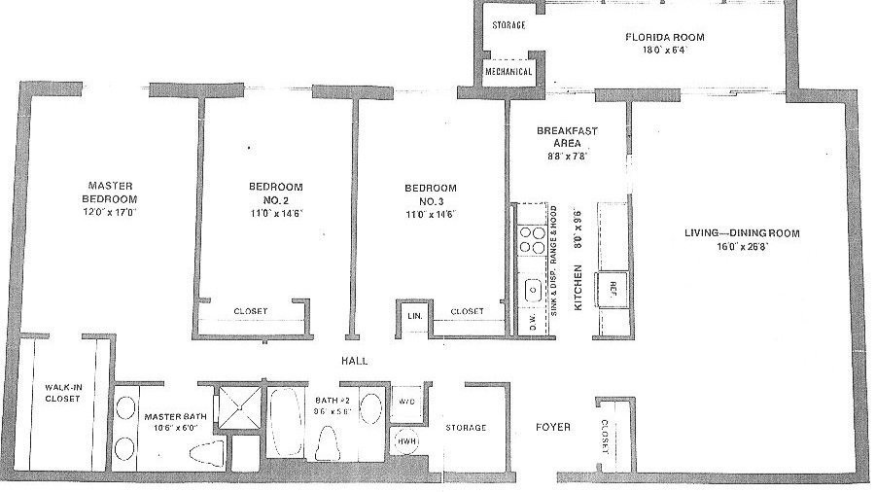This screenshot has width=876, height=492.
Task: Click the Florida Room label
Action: [665, 38]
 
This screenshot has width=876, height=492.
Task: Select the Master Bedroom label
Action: [110, 192]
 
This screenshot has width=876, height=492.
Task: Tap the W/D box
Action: [406, 401]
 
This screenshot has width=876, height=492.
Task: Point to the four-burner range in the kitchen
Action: [532, 239]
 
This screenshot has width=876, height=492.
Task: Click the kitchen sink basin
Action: [533, 289]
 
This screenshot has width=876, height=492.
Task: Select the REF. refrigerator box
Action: [613, 286]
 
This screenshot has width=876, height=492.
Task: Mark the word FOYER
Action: [553, 427]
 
